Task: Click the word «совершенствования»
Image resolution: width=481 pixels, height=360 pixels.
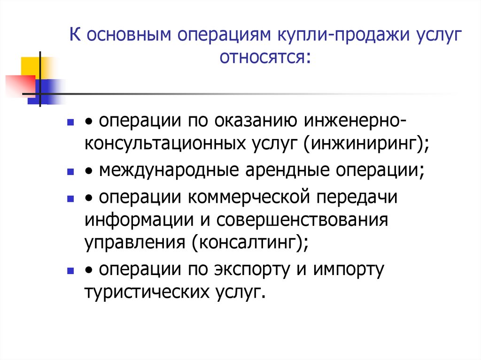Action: point(305,220)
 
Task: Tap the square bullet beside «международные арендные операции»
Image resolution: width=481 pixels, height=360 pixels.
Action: point(70,172)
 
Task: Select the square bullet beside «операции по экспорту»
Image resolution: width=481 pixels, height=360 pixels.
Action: point(70,271)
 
